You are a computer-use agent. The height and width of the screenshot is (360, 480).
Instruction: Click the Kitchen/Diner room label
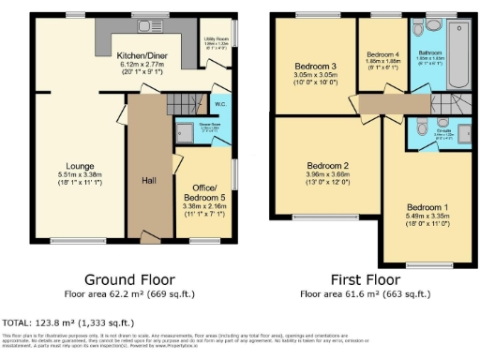pyautogui.click(x=142, y=55)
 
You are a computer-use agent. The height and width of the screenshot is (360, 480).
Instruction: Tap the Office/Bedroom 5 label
pyautogui.click(x=202, y=192)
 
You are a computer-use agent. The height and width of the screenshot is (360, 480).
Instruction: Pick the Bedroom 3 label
pyautogui.click(x=315, y=67)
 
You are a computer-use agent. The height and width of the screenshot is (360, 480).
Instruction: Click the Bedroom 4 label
pyautogui.click(x=382, y=54)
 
